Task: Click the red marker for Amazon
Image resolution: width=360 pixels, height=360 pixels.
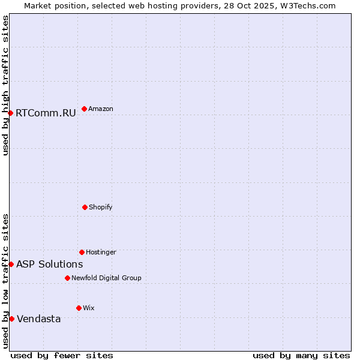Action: [x=84, y=109]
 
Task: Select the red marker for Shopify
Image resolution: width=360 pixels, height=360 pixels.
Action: [x=85, y=207]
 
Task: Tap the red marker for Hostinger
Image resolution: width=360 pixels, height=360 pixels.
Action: [x=82, y=252]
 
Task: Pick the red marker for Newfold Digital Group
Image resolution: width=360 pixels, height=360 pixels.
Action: [x=67, y=278]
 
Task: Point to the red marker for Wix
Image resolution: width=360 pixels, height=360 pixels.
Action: [x=79, y=308]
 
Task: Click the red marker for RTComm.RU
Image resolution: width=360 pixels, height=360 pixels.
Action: [x=10, y=113]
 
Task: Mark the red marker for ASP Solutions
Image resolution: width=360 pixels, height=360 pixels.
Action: [x=11, y=264]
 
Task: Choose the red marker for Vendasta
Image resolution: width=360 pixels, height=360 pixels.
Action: [x=11, y=319]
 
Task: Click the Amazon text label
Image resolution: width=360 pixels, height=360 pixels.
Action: [x=101, y=109]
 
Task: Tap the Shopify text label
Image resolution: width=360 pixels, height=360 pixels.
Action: [x=101, y=207]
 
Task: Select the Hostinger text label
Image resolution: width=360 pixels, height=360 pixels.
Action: [x=101, y=252]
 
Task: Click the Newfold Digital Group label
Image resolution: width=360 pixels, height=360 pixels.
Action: [x=106, y=278]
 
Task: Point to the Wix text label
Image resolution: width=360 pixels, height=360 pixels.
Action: [x=89, y=308]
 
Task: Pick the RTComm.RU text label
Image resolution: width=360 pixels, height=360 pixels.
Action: [x=46, y=113]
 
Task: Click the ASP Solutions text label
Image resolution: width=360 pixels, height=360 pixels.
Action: [x=49, y=264]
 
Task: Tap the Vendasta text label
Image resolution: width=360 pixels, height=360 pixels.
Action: [x=38, y=319]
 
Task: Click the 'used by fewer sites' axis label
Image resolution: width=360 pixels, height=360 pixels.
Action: [x=62, y=355]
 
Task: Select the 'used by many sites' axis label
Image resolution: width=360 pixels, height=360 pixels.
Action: [x=301, y=355]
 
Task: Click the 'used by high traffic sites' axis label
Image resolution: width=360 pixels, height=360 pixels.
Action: [x=5, y=85]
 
